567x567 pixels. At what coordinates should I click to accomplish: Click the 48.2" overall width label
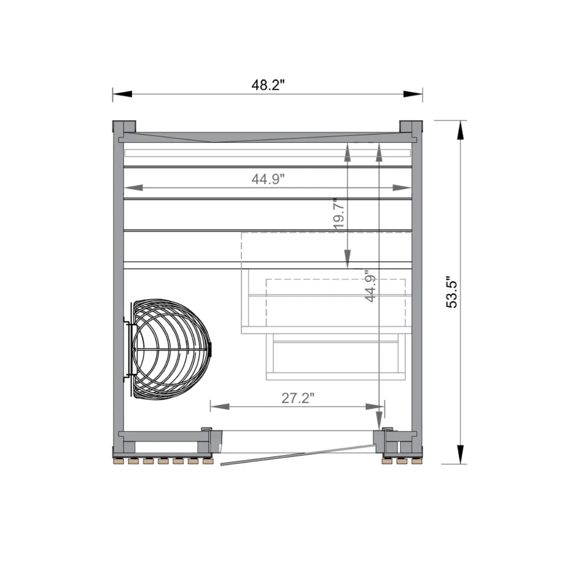(268, 86)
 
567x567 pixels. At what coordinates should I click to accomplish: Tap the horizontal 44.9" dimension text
(268, 180)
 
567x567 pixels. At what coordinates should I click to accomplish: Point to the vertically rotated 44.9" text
(370, 285)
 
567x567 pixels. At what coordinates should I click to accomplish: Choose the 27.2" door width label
(298, 398)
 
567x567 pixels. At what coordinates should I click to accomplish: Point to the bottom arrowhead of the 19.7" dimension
(347, 259)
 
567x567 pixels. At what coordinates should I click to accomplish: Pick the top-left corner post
(124, 127)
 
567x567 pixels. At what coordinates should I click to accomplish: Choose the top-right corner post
(411, 127)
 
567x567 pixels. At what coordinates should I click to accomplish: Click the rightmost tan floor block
(416, 461)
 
